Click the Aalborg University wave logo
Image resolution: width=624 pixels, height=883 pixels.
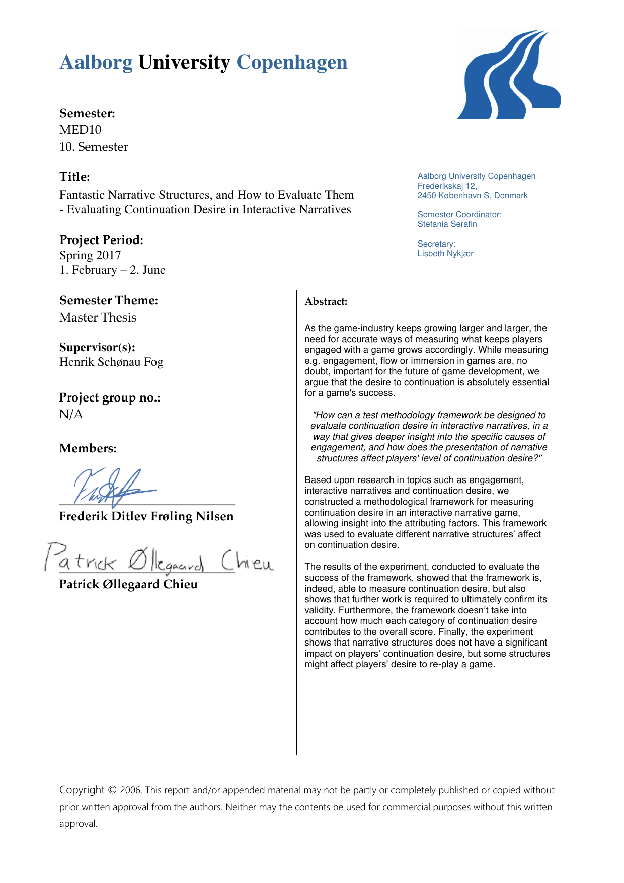[508, 74]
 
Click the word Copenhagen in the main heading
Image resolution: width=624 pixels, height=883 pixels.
[292, 63]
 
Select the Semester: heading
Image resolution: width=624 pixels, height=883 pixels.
[87, 113]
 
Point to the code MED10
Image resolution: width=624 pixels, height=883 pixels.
[81, 130]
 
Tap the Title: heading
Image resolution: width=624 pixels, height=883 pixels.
[74, 177]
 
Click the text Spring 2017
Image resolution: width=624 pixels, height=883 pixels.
[90, 255]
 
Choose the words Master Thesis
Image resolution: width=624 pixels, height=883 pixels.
[98, 317]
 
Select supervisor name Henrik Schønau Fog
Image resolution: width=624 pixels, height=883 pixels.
[111, 362]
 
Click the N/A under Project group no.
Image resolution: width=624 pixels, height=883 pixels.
[71, 414]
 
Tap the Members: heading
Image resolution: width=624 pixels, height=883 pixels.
[88, 448]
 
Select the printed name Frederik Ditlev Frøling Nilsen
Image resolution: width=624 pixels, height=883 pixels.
[146, 516]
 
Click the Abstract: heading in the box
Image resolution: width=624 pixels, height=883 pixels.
[326, 302]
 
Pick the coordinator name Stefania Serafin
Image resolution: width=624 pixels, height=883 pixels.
[447, 224]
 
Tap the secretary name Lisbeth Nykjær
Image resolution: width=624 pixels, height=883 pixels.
[445, 254]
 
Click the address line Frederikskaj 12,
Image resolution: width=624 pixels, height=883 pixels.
[447, 186]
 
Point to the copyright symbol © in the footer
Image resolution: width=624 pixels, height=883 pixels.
[112, 790]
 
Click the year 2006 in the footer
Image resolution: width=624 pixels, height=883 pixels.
[130, 790]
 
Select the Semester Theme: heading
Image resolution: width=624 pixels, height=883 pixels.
[109, 300]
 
